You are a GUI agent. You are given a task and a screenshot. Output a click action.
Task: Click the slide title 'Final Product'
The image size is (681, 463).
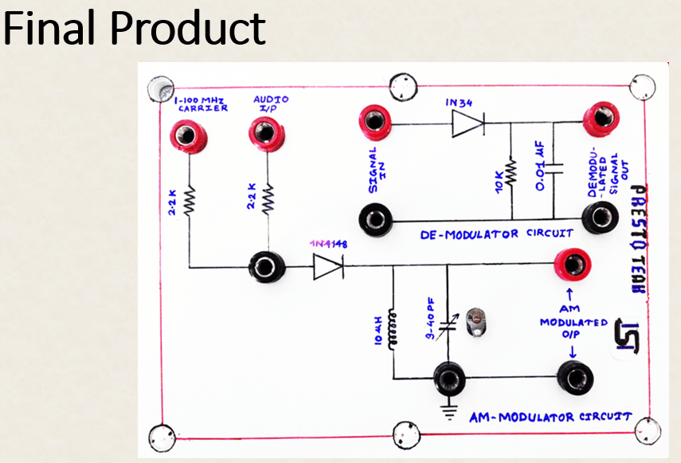(x=134, y=28)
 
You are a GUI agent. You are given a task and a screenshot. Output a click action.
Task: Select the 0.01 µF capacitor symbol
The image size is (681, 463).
(x=556, y=168)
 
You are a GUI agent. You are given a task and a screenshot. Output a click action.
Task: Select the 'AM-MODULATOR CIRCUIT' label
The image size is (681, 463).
(x=550, y=417)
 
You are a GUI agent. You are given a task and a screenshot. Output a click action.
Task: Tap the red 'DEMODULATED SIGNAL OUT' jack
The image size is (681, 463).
(x=598, y=120)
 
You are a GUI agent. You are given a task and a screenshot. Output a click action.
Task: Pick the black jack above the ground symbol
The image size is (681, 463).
(x=448, y=378)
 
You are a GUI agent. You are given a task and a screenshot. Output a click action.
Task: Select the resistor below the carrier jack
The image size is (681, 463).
(x=190, y=200)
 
